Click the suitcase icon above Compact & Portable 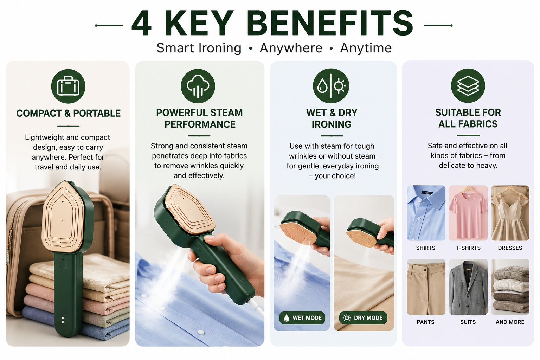point(68,86)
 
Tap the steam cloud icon point(198,86)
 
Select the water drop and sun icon point(331,86)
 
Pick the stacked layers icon point(468,85)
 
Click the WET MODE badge point(302,318)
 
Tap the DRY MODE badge point(363,318)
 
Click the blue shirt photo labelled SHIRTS point(426,213)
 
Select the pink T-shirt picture point(468,213)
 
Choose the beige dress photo point(510,213)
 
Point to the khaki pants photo point(426,287)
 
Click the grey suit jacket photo point(468,287)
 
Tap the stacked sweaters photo point(510,287)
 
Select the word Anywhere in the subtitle point(291,48)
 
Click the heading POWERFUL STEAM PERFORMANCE point(200,118)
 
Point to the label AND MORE point(510,322)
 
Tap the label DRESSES point(510,247)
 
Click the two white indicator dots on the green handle point(63,320)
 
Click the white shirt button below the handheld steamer point(200,332)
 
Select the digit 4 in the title point(142,23)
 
